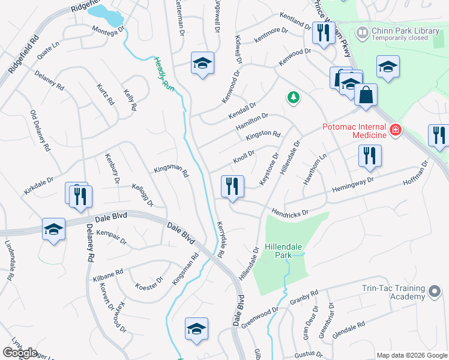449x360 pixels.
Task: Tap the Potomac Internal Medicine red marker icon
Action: click(x=395, y=129)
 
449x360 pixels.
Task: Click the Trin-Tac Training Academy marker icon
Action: click(x=434, y=292)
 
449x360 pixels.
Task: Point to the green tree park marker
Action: click(x=293, y=97)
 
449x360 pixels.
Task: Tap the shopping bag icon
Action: click(x=366, y=95)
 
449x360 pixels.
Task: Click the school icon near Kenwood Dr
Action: click(x=203, y=64)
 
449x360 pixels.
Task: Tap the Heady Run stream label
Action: click(x=163, y=74)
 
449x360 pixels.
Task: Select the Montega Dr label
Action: click(x=108, y=28)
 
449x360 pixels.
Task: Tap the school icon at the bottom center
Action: click(x=196, y=329)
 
